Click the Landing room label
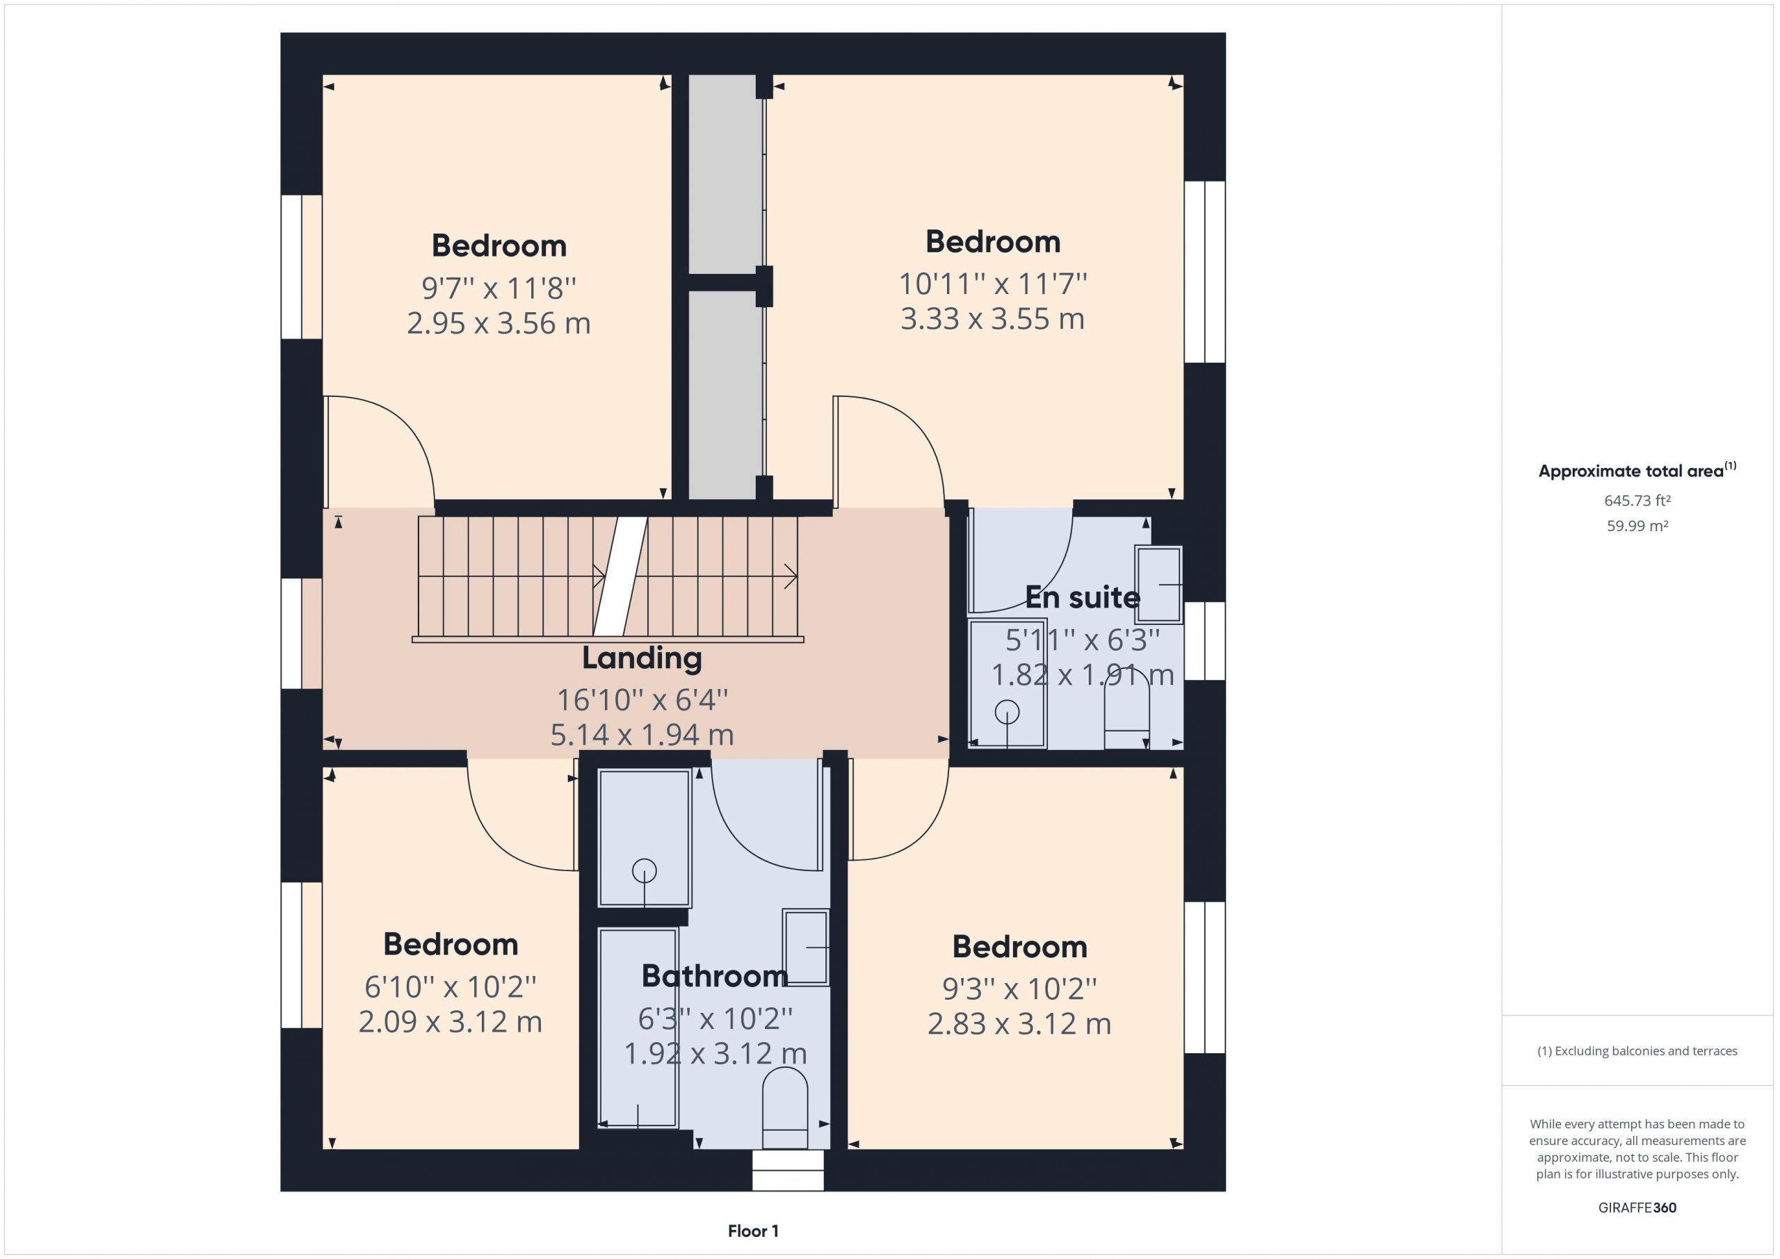click(x=642, y=658)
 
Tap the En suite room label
click(x=1083, y=598)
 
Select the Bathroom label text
click(x=715, y=976)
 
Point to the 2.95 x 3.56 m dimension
click(x=499, y=323)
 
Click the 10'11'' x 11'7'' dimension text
click(x=993, y=284)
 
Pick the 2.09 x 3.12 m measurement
click(x=451, y=1022)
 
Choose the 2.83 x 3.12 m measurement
click(x=1019, y=1024)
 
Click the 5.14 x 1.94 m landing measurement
click(x=642, y=734)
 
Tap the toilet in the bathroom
click(x=784, y=1108)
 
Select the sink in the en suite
click(x=1158, y=585)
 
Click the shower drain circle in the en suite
click(x=1007, y=712)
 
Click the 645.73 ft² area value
click(x=1637, y=501)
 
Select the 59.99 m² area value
click(x=1637, y=526)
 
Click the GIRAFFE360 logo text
click(x=1637, y=1208)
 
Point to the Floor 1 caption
click(x=753, y=1231)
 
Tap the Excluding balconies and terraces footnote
click(x=1637, y=1051)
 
